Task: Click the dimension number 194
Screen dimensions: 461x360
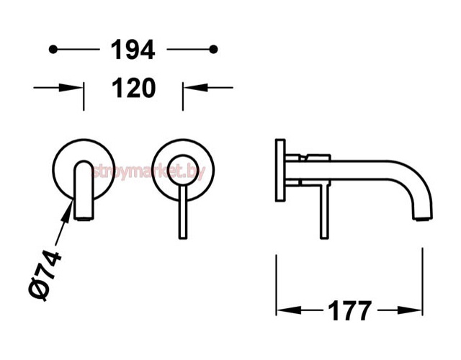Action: coord(133,50)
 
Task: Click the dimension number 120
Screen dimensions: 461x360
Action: coord(134,88)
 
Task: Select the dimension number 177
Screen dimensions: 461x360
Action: coord(349,310)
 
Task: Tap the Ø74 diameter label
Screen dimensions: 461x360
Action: coord(45,275)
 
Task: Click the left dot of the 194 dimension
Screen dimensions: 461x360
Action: coord(53,50)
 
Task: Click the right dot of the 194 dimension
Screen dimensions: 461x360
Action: coord(213,50)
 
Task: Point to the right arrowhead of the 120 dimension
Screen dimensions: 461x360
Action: coord(195,88)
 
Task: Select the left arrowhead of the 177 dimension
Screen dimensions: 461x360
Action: coord(289,310)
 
